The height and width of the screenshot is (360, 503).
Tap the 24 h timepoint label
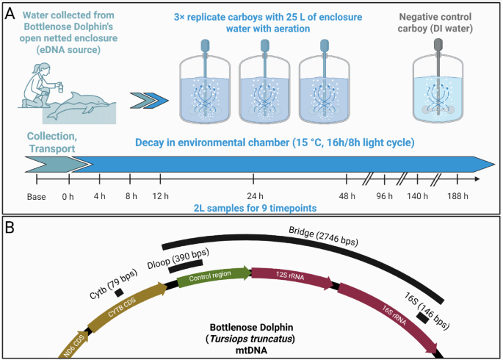click(254, 196)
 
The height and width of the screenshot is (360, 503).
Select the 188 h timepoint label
click(457, 196)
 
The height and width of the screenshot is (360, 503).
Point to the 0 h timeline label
click(69, 196)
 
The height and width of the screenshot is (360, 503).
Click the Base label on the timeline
click(36, 196)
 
